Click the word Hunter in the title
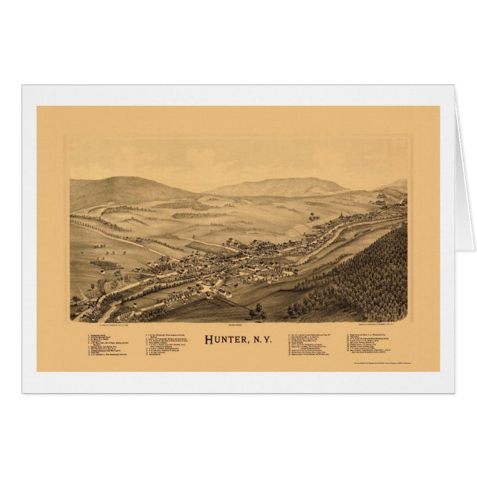point(225,340)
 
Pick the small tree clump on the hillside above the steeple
point(314,217)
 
